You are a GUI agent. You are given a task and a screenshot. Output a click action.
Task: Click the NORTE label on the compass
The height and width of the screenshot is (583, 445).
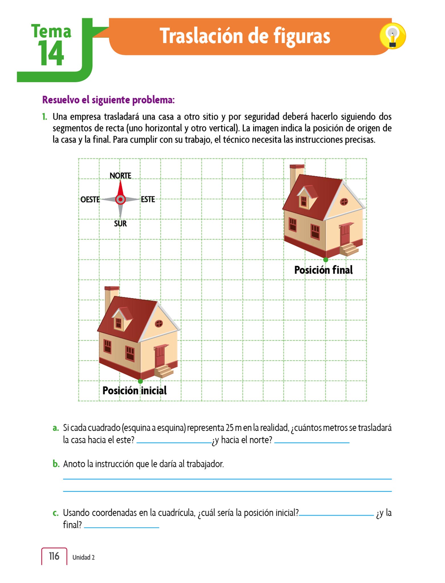pyautogui.click(x=120, y=176)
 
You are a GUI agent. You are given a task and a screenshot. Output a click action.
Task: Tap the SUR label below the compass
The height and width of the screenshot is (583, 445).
pyautogui.click(x=120, y=224)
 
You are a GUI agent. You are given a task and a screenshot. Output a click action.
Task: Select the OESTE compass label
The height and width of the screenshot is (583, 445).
pyautogui.click(x=90, y=200)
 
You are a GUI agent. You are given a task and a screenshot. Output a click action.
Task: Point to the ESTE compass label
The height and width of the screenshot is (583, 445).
pyautogui.click(x=148, y=199)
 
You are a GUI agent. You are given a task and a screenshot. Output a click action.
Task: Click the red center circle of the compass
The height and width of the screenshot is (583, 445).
pyautogui.click(x=120, y=200)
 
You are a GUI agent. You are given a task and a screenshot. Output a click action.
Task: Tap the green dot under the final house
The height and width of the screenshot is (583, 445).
pyautogui.click(x=326, y=260)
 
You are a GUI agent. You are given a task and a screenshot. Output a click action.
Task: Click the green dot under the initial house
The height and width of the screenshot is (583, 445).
pyautogui.click(x=140, y=381)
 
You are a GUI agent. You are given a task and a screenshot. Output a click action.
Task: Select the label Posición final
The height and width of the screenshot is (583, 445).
pyautogui.click(x=323, y=270)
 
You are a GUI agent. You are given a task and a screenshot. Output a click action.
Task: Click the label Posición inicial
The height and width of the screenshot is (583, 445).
pyautogui.click(x=135, y=391)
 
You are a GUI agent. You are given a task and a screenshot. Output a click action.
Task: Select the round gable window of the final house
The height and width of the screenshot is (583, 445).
pyautogui.click(x=344, y=202)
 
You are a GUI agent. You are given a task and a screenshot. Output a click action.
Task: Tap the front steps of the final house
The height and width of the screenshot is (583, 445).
pyautogui.click(x=349, y=249)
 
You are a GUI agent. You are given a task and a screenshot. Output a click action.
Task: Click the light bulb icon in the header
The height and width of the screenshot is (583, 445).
pyautogui.click(x=392, y=36)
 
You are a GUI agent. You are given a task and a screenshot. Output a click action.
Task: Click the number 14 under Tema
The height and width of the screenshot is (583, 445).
pyautogui.click(x=51, y=54)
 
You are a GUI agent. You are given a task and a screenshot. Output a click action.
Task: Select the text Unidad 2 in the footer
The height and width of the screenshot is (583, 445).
pyautogui.click(x=83, y=557)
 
